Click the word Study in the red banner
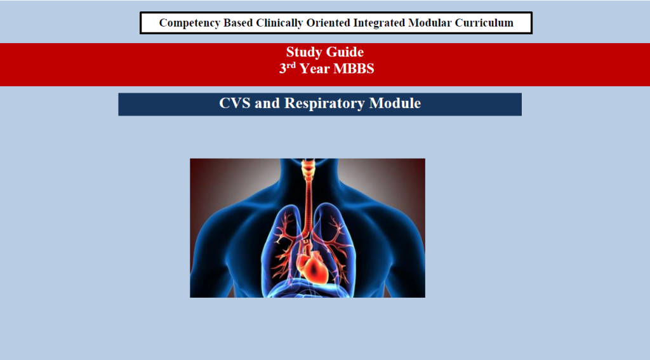point(304,52)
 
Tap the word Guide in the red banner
point(345,52)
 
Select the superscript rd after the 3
point(291,65)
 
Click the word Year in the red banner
point(315,69)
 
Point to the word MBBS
point(354,69)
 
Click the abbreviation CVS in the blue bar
point(235,103)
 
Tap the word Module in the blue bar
point(395,103)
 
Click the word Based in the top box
point(238,23)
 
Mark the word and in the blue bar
point(267,103)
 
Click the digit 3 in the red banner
point(282,69)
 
